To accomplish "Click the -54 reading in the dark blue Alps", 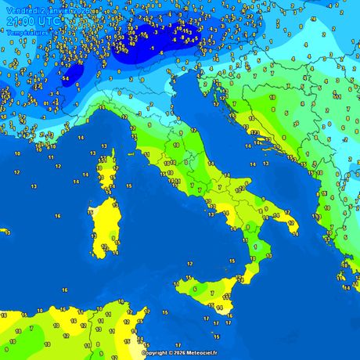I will (x=66, y=79).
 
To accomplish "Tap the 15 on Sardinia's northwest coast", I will (x=90, y=212).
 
